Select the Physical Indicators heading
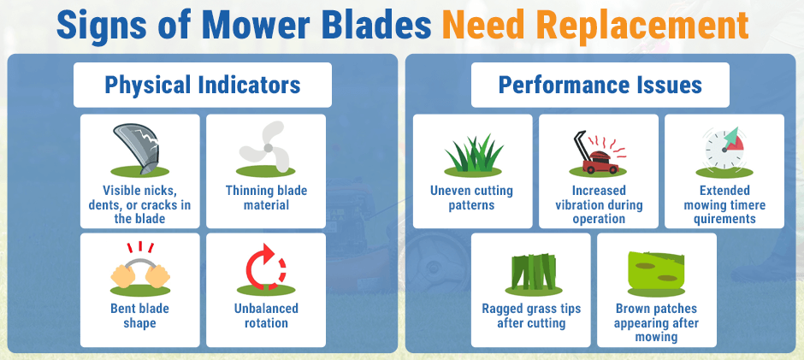pos(202,85)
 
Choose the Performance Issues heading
pos(600,85)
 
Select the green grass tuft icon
pos(472,154)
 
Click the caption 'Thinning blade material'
pos(266,198)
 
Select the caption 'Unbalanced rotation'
pos(266,316)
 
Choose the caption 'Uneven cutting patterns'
pos(472,198)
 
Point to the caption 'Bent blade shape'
pos(139,316)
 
